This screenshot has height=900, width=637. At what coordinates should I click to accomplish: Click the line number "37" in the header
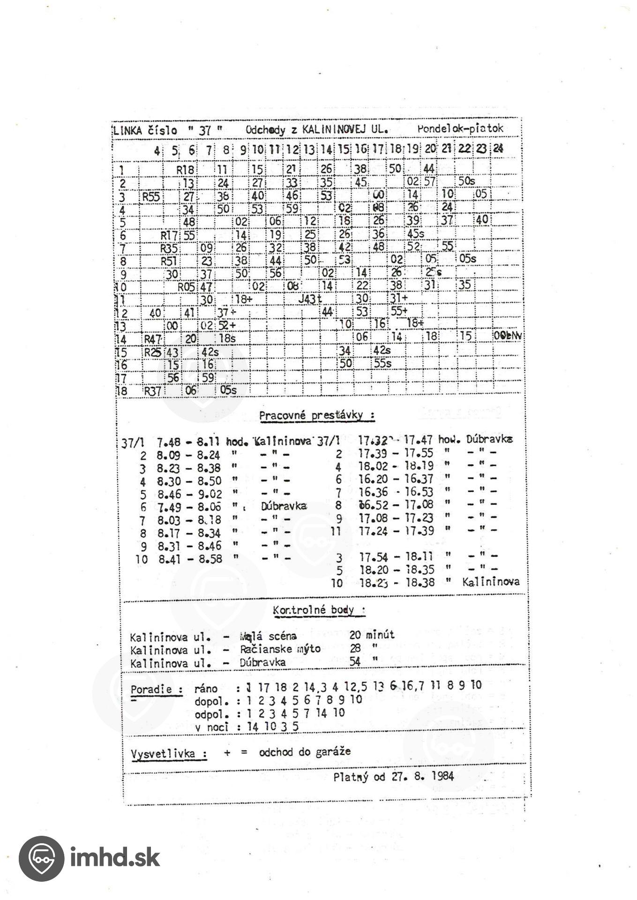click(204, 131)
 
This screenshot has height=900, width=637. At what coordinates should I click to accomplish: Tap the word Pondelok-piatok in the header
click(460, 128)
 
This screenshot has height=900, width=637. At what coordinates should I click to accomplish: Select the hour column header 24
click(498, 149)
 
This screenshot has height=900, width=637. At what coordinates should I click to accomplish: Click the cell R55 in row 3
click(151, 196)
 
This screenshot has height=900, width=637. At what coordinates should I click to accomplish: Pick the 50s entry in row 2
click(467, 181)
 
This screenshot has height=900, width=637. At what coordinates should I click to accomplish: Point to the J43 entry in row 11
click(309, 299)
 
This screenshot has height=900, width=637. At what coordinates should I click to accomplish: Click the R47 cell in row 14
click(153, 339)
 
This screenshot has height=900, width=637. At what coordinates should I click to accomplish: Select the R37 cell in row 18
click(152, 390)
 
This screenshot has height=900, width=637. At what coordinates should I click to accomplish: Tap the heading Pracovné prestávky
click(316, 415)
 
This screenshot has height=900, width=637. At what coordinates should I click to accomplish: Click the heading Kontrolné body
click(319, 610)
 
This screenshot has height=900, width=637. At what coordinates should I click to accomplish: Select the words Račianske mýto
click(280, 649)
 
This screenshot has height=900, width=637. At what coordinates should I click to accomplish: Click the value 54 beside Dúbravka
click(355, 662)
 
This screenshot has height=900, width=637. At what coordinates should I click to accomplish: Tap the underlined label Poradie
click(157, 690)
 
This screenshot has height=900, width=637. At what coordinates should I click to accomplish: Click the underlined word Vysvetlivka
click(169, 754)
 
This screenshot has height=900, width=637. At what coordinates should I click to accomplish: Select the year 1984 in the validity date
click(442, 776)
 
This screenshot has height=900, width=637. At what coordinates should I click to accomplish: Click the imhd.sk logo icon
click(41, 858)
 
